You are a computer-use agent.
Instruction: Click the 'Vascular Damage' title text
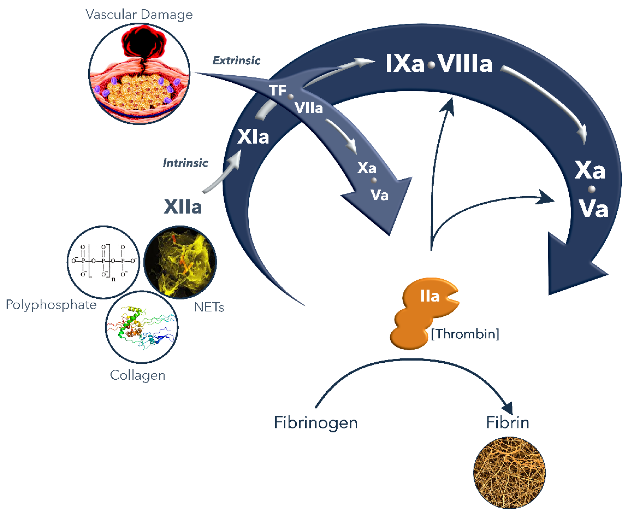click(139, 15)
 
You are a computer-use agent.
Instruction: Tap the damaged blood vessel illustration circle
click(139, 74)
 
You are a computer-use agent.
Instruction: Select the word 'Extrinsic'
click(236, 60)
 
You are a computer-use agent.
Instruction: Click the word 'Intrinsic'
click(185, 163)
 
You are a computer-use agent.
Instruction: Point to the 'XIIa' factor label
click(183, 207)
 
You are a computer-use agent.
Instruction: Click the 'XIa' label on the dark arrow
click(253, 137)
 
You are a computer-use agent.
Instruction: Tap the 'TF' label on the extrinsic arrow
click(278, 91)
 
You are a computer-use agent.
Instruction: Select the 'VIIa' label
click(309, 108)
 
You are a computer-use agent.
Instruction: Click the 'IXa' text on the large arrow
click(405, 64)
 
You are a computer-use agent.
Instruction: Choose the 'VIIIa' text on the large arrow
click(465, 64)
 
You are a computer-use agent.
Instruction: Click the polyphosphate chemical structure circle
click(103, 262)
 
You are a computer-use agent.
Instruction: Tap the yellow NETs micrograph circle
click(180, 262)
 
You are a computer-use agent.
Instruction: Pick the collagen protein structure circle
click(142, 327)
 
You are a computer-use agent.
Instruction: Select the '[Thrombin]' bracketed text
click(465, 334)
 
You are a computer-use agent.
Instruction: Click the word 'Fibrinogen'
click(316, 422)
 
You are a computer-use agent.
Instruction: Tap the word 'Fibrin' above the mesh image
click(507, 422)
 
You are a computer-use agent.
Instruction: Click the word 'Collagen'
click(138, 375)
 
